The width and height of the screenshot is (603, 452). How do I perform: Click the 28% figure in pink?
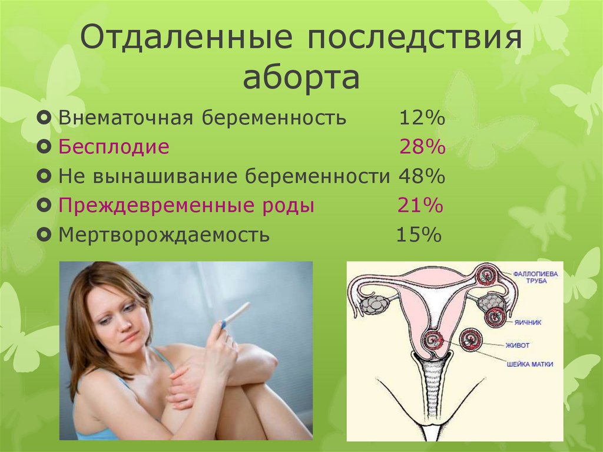422,147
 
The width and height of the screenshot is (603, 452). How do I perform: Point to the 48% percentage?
422,176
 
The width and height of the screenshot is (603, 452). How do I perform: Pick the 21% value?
420,206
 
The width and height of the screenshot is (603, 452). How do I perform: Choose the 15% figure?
418,235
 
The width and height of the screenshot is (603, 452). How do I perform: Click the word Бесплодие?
114,147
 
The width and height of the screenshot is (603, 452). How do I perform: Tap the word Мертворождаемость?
164,235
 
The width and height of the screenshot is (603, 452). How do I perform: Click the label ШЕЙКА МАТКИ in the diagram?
529,364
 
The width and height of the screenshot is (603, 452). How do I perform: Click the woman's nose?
124,322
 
